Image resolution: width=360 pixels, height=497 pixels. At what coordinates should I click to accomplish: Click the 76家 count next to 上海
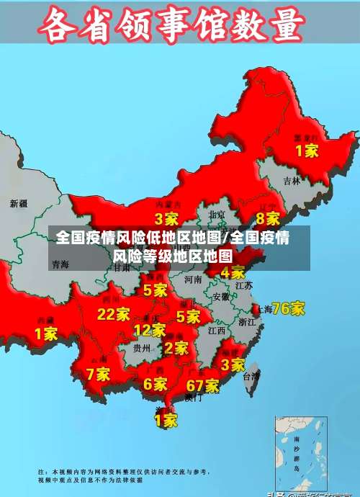coord(288,308)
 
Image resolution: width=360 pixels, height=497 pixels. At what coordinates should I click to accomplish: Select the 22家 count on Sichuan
coord(114,314)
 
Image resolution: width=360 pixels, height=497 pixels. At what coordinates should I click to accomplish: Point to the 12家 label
coord(149,331)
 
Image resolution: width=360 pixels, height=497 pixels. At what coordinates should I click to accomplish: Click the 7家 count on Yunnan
coord(98,374)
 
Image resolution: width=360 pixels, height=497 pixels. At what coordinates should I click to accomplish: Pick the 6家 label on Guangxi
coord(155,385)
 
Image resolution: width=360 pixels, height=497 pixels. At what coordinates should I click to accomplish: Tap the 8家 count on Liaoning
coord(268,218)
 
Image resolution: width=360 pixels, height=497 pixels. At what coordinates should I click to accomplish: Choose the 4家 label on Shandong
coord(233,272)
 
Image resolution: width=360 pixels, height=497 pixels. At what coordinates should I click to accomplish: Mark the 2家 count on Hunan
coord(176,348)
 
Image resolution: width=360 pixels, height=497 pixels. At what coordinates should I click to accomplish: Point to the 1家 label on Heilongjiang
coord(307,151)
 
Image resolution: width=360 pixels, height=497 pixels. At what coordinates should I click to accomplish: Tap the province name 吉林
coord(292,181)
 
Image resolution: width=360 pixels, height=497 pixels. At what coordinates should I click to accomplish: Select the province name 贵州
coord(142,348)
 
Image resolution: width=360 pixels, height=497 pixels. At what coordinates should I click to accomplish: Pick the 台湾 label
coord(251,376)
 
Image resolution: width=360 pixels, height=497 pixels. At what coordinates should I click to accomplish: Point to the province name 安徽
coord(221,296)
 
